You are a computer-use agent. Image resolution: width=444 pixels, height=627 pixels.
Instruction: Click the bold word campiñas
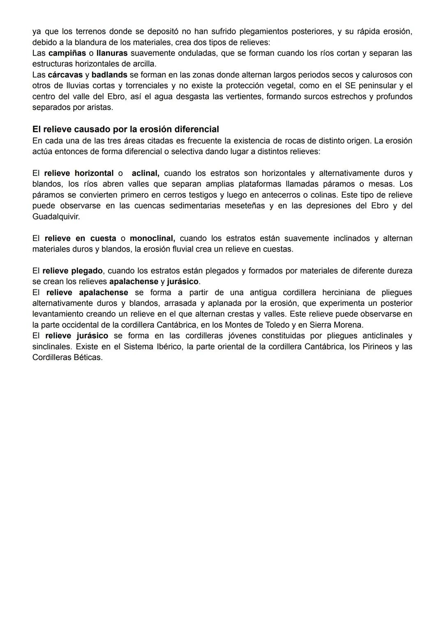pos(67,53)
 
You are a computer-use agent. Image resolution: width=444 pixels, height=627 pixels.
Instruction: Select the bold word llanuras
pos(112,53)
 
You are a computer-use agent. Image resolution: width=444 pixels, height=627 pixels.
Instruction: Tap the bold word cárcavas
pos(65,75)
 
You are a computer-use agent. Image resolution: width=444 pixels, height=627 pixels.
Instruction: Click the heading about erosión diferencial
pos(125,129)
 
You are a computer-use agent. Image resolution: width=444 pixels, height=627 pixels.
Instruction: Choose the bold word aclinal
pos(145,173)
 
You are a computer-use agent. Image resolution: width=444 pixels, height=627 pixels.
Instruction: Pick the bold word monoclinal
pos(152,238)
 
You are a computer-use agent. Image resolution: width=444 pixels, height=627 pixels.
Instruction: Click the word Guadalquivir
pos(56,216)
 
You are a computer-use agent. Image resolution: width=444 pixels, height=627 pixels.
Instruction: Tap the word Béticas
pos(88,357)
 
